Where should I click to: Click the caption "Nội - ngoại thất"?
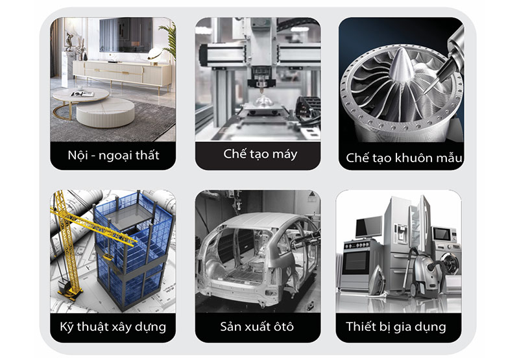113,156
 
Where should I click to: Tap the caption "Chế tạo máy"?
260,154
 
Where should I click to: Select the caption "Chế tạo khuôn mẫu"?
404,158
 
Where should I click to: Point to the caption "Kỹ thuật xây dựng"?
113,327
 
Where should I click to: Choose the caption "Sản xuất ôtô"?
257,326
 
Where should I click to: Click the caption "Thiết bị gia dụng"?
396,327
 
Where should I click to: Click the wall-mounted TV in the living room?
126,35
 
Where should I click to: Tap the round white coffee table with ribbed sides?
105,112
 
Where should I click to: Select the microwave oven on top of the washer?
444,234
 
